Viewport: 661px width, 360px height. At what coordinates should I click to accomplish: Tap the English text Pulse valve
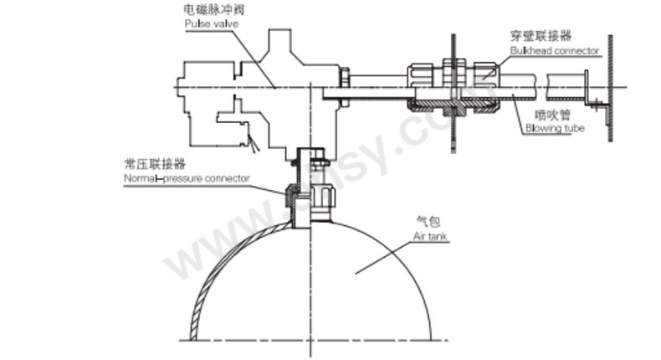pyautogui.click(x=212, y=23)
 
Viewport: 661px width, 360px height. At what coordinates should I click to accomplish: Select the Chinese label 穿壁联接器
pyautogui.click(x=540, y=37)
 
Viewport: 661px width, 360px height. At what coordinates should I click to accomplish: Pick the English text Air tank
pyautogui.click(x=430, y=237)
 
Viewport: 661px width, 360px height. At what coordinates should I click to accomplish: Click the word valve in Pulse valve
pyautogui.click(x=225, y=23)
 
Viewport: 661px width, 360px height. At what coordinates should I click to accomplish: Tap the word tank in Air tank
pyautogui.click(x=438, y=237)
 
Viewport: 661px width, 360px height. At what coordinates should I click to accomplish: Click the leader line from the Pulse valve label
pyautogui.click(x=251, y=59)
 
